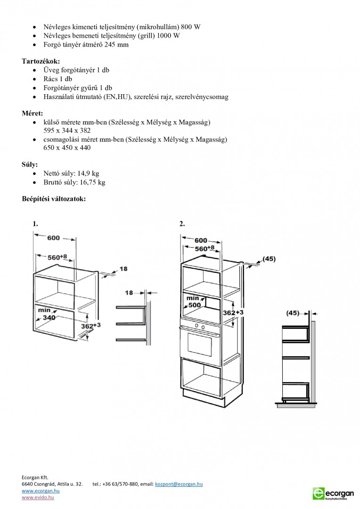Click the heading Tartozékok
pos(41,61)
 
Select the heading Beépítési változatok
pos(54,199)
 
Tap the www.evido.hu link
pos(38,498)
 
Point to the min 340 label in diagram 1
pos(47,314)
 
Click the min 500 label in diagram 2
pos(194,302)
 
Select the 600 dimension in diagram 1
pos(53,238)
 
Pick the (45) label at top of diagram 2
pos(269,259)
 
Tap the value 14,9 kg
pos(88,173)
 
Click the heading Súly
pos(30,164)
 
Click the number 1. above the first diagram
pos(35,224)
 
